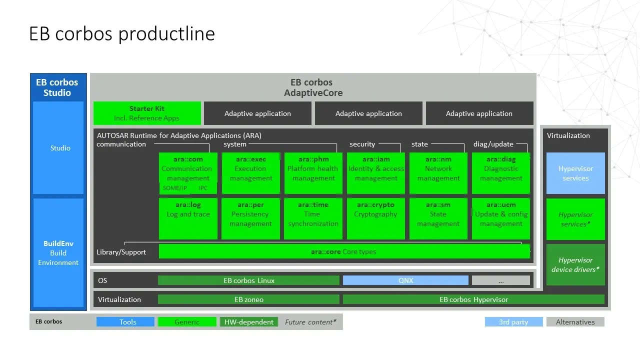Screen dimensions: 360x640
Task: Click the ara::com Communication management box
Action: coord(188,169)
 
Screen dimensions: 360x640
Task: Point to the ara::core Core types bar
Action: coord(344,251)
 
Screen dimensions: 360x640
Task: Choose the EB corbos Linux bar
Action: coord(248,280)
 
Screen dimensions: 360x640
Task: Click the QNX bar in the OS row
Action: coord(405,280)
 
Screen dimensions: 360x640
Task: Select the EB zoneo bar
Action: coord(248,299)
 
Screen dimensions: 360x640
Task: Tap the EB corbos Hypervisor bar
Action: coord(473,299)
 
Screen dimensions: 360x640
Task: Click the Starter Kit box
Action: coord(147,113)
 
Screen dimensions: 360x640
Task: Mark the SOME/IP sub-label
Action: coord(175,188)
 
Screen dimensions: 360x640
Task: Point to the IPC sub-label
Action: coord(203,188)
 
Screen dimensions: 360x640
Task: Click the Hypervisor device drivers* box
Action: coord(575,264)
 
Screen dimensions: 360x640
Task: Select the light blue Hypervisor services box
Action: coord(575,173)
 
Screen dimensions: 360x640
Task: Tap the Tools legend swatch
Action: coord(125,322)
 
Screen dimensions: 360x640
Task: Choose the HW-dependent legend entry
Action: coord(248,322)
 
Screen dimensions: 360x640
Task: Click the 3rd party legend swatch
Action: coord(513,322)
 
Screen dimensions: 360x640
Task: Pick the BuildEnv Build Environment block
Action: coord(58,252)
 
